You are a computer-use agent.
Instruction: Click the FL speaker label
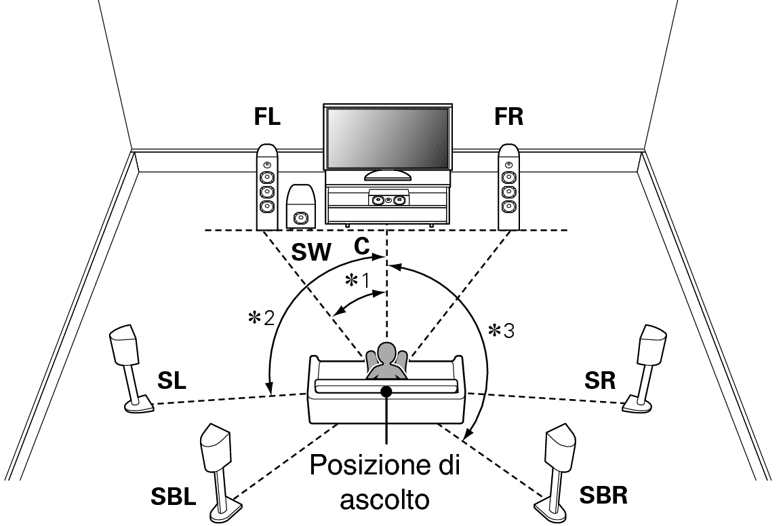pos(267,116)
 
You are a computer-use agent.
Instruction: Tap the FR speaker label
pos(509,116)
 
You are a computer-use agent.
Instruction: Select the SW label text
pos(311,252)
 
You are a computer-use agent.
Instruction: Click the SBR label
pos(603,495)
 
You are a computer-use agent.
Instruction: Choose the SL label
pos(172,381)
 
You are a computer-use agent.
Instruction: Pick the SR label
pos(600,381)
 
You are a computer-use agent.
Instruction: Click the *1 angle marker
pos(357,281)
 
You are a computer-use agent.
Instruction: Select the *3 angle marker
pos(501,330)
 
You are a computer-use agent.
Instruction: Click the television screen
pos(388,138)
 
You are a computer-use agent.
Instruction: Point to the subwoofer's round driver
pos(300,218)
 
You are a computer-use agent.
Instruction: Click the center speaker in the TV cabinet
pos(388,200)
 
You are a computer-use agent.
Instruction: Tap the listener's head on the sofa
pos(386,353)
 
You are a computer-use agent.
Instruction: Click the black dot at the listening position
pos(386,392)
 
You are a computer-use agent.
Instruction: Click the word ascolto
pos(384,498)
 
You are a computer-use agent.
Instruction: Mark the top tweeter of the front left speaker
pos(267,164)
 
